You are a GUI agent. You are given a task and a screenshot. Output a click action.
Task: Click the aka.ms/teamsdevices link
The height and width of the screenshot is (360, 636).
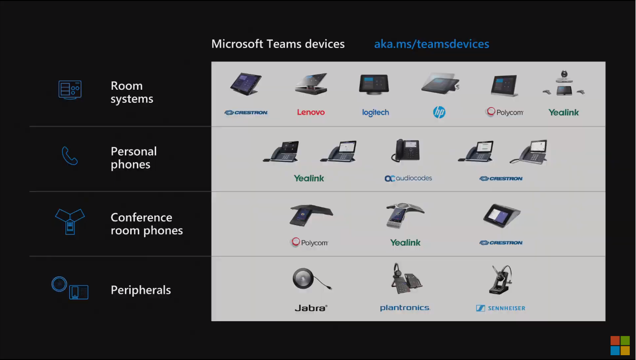(x=431, y=44)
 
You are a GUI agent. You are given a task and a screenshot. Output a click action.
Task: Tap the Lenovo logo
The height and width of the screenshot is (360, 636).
(x=311, y=112)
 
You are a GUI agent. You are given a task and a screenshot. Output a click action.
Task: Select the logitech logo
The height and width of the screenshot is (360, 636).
(x=375, y=113)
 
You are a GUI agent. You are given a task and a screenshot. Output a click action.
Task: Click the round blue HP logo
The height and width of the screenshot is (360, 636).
(x=439, y=112)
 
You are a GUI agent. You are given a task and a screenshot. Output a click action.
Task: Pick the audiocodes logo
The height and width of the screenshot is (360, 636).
(x=408, y=178)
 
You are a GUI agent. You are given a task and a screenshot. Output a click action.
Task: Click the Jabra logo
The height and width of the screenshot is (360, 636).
(x=311, y=308)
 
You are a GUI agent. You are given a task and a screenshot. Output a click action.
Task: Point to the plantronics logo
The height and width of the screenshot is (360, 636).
(x=405, y=308)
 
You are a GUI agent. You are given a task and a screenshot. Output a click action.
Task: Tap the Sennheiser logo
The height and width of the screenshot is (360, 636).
(x=501, y=308)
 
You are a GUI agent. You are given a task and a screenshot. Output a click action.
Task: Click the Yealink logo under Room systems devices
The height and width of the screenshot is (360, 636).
(x=563, y=113)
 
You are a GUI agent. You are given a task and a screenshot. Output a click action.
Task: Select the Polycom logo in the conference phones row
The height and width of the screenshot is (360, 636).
(x=310, y=242)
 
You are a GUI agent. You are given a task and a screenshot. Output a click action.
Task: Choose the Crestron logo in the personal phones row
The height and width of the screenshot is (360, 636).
(x=501, y=179)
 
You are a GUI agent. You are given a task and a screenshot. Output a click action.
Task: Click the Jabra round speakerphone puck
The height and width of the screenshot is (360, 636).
(x=303, y=278)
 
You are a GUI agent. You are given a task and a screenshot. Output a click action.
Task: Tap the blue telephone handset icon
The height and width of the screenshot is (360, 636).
(x=70, y=156)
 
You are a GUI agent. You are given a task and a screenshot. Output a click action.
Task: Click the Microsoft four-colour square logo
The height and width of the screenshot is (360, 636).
(x=620, y=346)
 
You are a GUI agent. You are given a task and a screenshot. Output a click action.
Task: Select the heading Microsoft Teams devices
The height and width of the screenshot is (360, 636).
(x=278, y=44)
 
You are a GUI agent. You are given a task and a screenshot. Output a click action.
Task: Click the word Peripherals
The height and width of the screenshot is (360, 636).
(x=141, y=290)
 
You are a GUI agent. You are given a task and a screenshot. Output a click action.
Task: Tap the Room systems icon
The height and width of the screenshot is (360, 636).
(x=70, y=90)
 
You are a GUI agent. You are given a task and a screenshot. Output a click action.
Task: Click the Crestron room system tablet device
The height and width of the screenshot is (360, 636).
(x=246, y=84)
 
